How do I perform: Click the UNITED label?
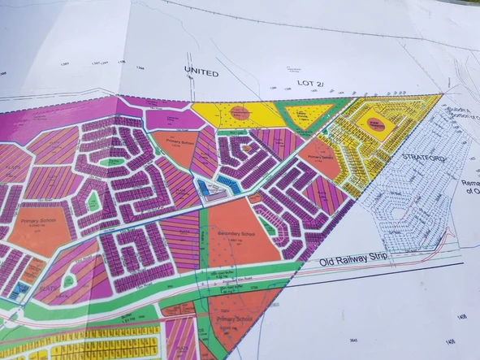(x=201, y=72)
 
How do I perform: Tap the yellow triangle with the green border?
(x=306, y=115)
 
